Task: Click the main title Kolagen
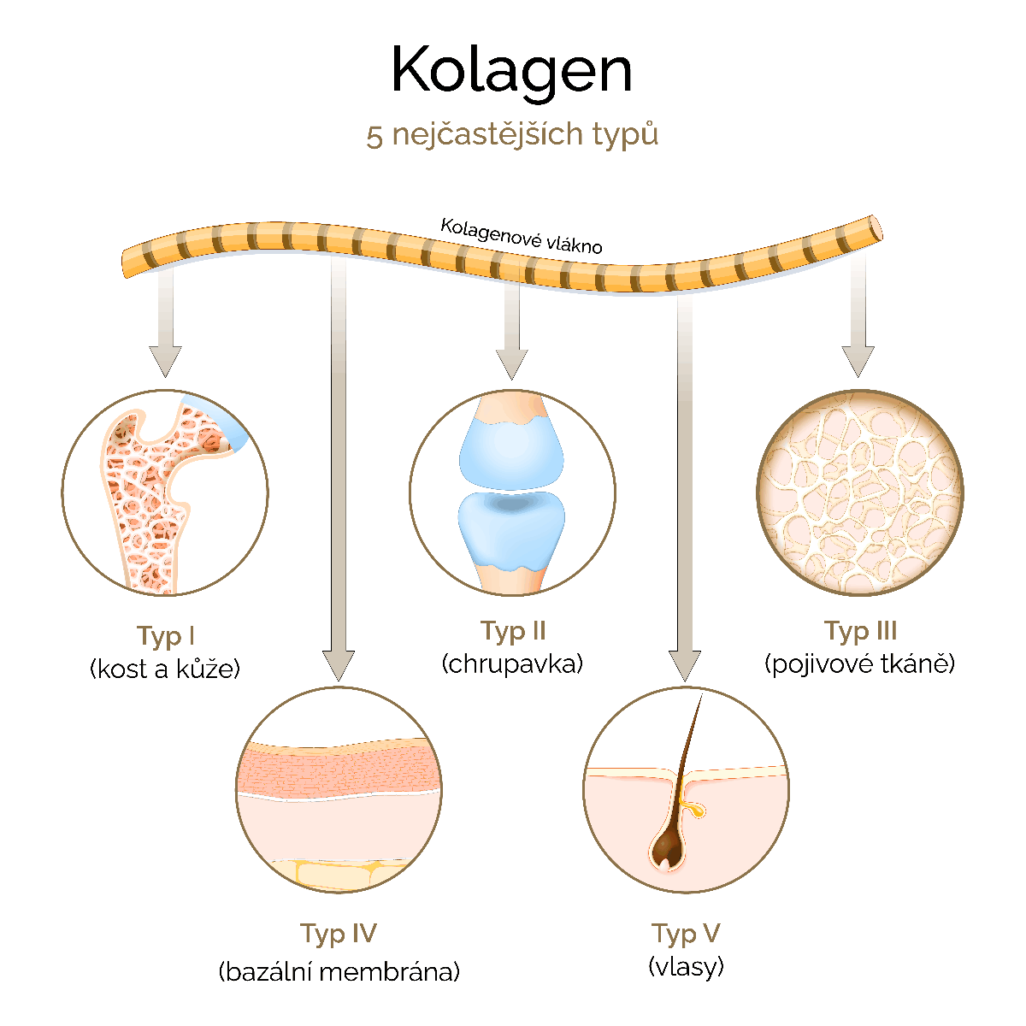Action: pos(511,72)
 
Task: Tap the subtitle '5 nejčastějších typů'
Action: pos(512,135)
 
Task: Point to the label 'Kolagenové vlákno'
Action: pos(522,236)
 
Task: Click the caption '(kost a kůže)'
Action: pos(165,669)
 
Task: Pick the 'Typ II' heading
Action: pos(513,632)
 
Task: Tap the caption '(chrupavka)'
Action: pos(513,664)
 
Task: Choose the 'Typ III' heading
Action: pos(861,632)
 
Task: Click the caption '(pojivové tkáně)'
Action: pos(860,664)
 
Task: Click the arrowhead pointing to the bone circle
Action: pos(165,361)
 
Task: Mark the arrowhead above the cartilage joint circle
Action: pos(511,364)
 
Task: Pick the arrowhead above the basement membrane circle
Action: pos(339,665)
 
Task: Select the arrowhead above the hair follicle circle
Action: pos(685,665)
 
